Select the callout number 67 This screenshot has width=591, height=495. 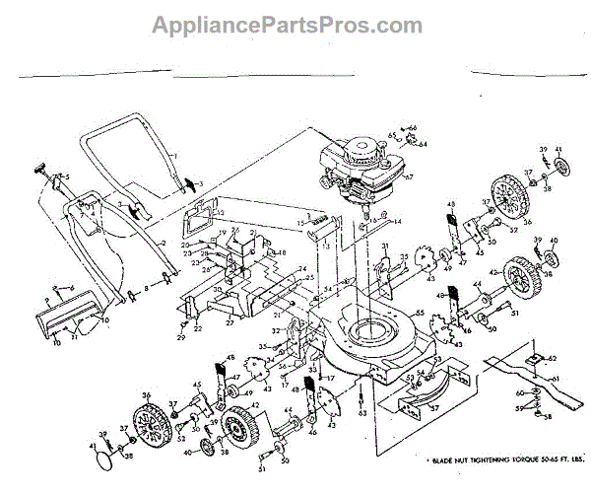(x=409, y=177)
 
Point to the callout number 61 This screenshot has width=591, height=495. (x=556, y=379)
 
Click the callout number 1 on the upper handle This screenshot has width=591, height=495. (x=173, y=157)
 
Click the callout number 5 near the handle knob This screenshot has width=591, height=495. (x=67, y=177)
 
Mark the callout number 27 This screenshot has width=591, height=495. (x=229, y=321)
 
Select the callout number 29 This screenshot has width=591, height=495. (x=180, y=338)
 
